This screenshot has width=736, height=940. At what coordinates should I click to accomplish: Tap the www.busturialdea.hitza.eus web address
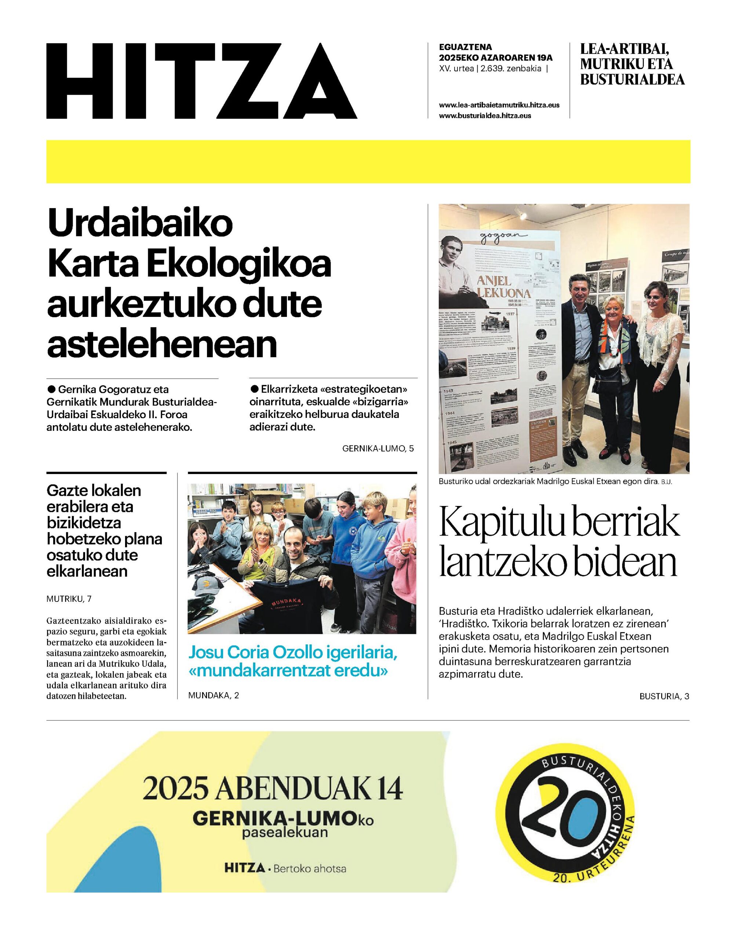tap(485, 116)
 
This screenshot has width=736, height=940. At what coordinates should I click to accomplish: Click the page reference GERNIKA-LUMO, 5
tap(378, 448)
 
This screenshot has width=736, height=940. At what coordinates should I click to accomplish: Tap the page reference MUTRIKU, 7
tap(69, 599)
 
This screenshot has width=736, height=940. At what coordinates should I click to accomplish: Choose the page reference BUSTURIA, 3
tap(664, 696)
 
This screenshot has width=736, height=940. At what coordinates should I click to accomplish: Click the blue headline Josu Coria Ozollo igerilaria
tap(292, 653)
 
